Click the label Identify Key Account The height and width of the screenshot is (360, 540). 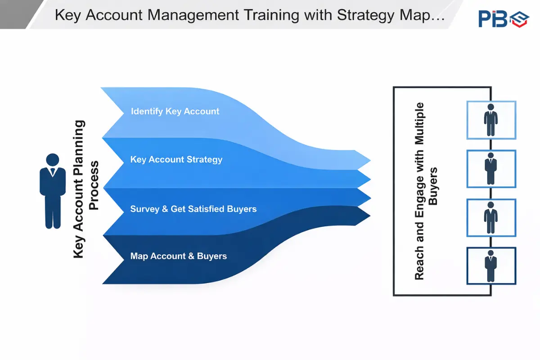(175, 111)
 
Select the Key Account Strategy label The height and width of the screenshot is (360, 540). (176, 159)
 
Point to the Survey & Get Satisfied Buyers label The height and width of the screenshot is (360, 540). (193, 209)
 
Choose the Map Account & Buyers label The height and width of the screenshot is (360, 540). (178, 256)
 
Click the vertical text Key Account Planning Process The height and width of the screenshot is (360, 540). (85, 189)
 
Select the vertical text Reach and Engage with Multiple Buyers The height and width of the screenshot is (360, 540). (425, 191)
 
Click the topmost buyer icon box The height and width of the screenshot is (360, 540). (491, 120)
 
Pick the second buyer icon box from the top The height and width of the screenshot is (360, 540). (491, 169)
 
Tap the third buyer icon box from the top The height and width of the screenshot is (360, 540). (491, 217)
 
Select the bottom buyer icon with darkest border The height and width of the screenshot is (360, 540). (491, 266)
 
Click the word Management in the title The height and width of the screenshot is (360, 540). (193, 15)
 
